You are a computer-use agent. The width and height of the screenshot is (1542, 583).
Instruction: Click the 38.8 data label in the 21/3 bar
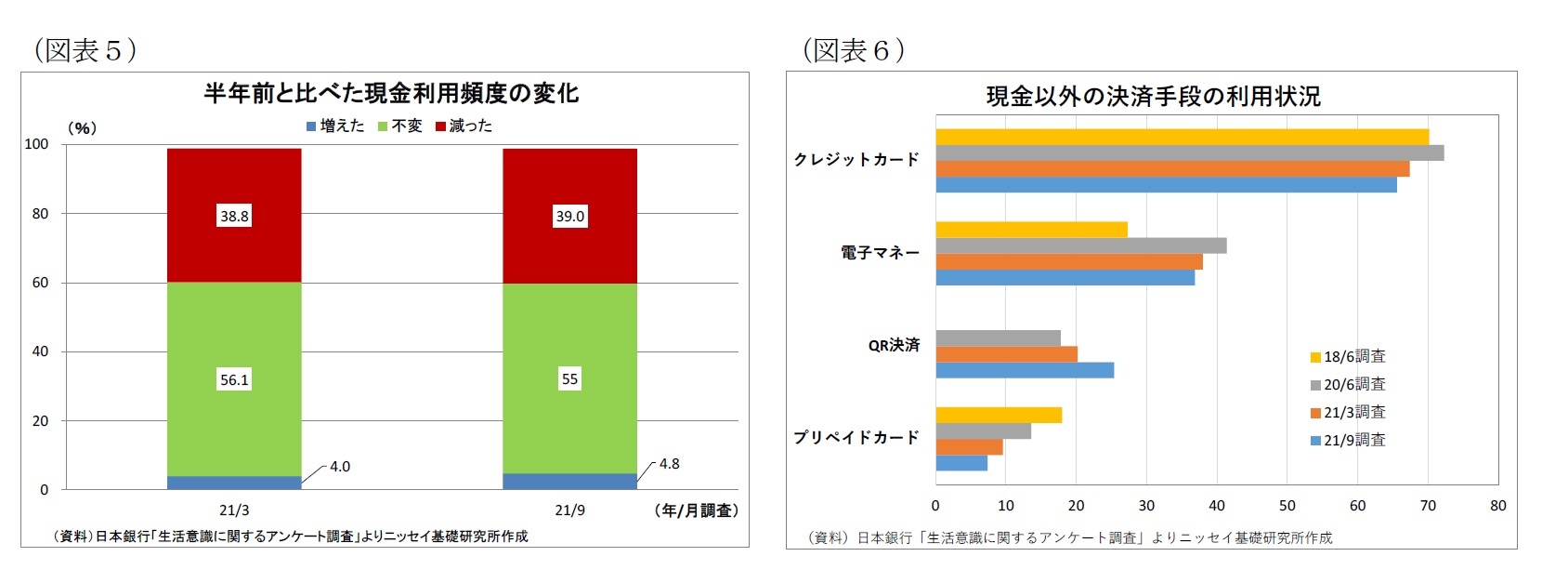pyautogui.click(x=234, y=216)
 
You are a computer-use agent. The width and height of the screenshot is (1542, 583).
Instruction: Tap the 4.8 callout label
pyautogui.click(x=669, y=464)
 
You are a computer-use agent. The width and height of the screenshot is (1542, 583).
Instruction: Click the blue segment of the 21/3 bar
pyautogui.click(x=234, y=483)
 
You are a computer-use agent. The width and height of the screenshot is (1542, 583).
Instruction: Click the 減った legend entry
pyautogui.click(x=464, y=126)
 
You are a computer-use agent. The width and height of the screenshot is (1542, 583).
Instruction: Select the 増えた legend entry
pyautogui.click(x=335, y=126)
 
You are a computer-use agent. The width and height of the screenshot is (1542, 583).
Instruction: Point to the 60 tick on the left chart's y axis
pyautogui.click(x=40, y=283)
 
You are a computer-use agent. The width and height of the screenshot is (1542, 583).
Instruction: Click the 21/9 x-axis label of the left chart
pyautogui.click(x=569, y=510)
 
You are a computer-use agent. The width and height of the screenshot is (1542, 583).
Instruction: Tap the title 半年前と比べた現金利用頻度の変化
pyautogui.click(x=391, y=93)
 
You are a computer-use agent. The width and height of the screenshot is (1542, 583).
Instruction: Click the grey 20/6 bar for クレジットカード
pyautogui.click(x=1189, y=153)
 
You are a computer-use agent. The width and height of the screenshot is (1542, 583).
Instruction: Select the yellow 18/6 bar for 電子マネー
pyautogui.click(x=1031, y=230)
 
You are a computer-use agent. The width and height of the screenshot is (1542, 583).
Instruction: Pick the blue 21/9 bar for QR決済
pyautogui.click(x=1024, y=370)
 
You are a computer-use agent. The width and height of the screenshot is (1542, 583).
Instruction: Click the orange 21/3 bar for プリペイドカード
pyautogui.click(x=969, y=447)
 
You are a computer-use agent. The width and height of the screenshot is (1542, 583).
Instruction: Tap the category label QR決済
pyautogui.click(x=894, y=345)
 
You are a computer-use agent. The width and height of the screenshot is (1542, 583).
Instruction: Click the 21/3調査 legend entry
pyautogui.click(x=1348, y=412)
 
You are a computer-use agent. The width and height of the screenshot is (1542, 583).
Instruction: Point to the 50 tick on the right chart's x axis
pyautogui.click(x=1287, y=506)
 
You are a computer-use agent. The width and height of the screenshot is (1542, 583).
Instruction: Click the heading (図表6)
pyautogui.click(x=853, y=50)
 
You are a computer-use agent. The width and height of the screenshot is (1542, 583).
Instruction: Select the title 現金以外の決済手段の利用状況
pyautogui.click(x=1153, y=96)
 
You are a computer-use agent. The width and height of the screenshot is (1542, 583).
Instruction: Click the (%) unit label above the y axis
pyautogui.click(x=82, y=128)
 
